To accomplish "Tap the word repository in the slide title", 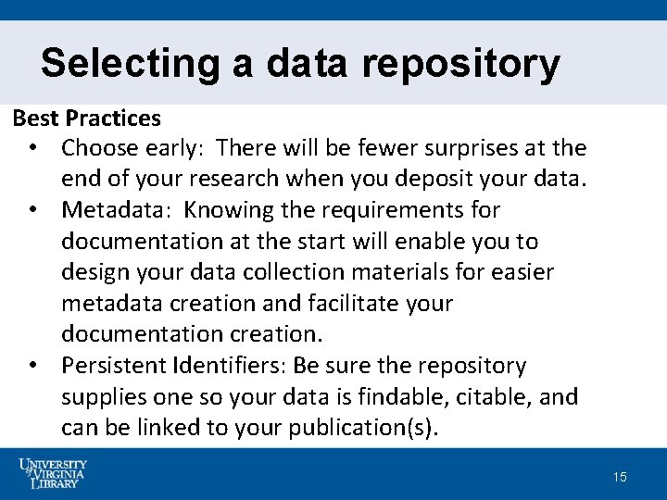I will tap(460, 64).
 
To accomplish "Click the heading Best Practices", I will tap(86, 119).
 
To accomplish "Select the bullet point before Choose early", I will tap(32, 148).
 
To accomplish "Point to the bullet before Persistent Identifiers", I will tap(32, 367).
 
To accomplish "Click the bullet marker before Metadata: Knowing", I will tap(32, 211).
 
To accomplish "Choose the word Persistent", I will tap(115, 367).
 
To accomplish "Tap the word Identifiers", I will tap(229, 367).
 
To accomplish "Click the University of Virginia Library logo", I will tap(53, 473).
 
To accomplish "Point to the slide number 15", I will tap(620, 477).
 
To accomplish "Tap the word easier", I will tap(547, 273).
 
